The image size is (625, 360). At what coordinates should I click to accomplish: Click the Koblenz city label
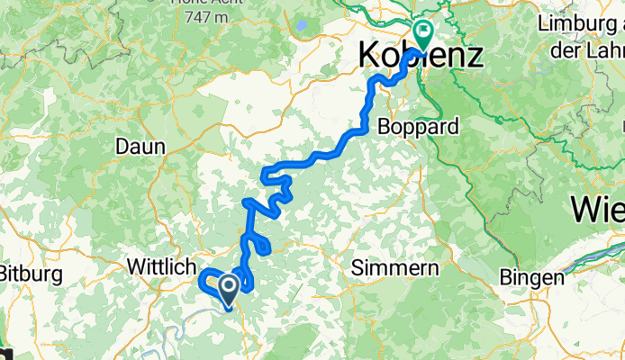click(421, 56)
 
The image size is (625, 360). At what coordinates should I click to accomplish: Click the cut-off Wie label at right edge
click(598, 210)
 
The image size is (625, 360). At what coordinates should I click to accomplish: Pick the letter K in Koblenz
click(370, 56)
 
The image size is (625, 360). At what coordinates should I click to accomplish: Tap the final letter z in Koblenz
click(474, 56)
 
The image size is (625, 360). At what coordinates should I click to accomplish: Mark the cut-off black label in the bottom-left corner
click(5, 354)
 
